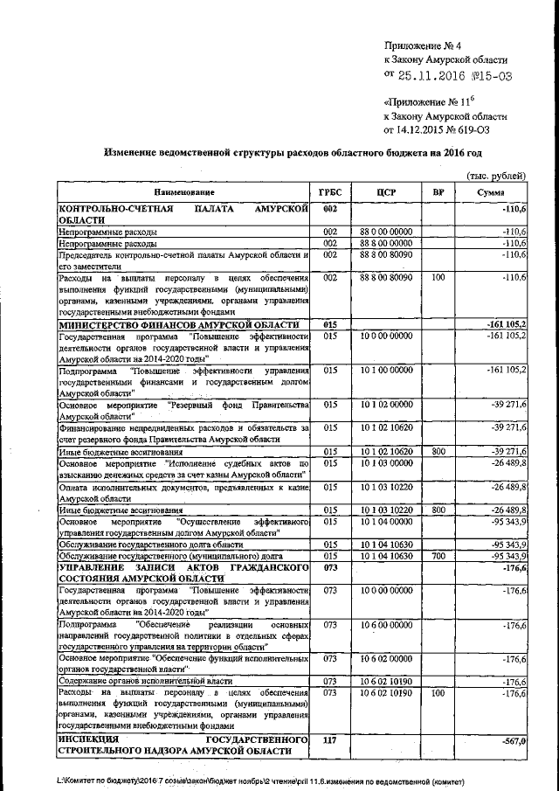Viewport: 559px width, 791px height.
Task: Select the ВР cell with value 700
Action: [x=438, y=555]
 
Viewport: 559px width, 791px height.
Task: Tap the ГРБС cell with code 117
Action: [x=330, y=740]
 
